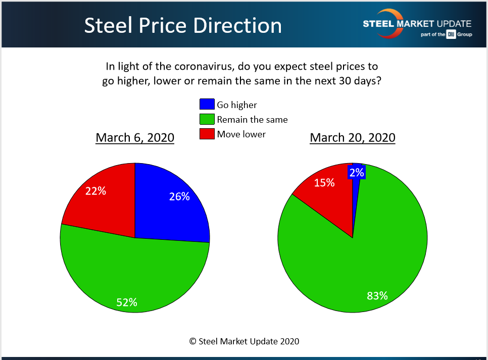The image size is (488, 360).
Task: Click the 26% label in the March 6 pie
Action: pyautogui.click(x=179, y=196)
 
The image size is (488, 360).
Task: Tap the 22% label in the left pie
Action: pyautogui.click(x=95, y=191)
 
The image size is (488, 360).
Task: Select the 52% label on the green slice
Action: pyautogui.click(x=126, y=302)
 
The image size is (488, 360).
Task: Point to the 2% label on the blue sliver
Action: pyautogui.click(x=357, y=173)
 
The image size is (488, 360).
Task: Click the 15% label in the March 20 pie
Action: pyautogui.click(x=324, y=183)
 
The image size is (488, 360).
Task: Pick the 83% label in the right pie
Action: pyautogui.click(x=377, y=296)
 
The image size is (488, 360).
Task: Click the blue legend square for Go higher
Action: pyautogui.click(x=207, y=105)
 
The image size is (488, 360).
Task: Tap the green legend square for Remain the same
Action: pyautogui.click(x=207, y=119)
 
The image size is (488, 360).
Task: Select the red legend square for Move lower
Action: pyautogui.click(x=207, y=134)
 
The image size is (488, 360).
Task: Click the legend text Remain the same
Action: pyautogui.click(x=252, y=120)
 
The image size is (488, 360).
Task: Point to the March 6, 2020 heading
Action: pyautogui.click(x=135, y=137)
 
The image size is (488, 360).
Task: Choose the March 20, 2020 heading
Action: pyautogui.click(x=353, y=137)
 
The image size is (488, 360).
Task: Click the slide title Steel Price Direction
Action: pyautogui.click(x=183, y=26)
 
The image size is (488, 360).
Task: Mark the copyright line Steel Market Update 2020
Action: pyautogui.click(x=244, y=341)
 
